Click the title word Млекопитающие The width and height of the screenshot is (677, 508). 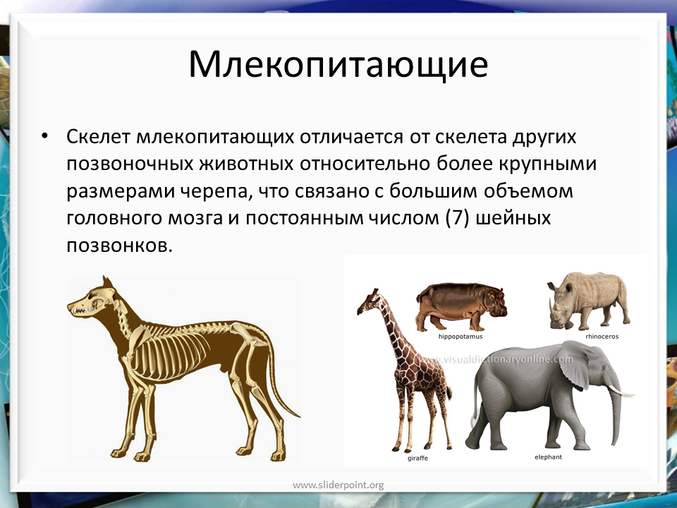338,66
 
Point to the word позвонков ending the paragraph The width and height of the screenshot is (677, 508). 119,246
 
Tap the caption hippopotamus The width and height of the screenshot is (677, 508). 461,337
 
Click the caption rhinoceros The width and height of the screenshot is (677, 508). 602,337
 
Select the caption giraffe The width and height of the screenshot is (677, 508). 417,459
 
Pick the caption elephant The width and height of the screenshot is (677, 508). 549,457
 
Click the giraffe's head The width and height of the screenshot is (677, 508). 367,301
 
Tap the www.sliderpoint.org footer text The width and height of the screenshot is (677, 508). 338,485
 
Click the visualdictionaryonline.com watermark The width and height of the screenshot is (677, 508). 496,359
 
